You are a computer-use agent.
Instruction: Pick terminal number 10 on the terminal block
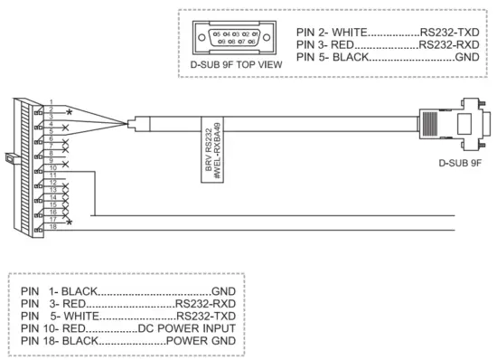coord(54,167)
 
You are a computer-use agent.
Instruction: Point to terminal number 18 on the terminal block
coord(54,225)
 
